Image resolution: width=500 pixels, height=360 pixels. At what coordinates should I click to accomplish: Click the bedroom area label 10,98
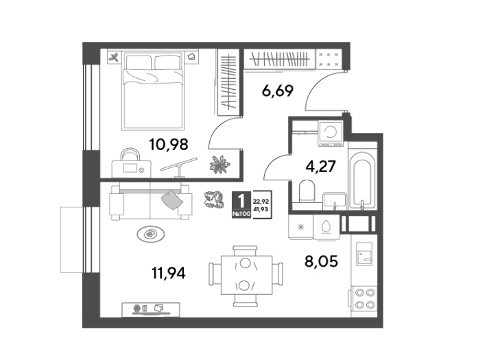(x=169, y=145)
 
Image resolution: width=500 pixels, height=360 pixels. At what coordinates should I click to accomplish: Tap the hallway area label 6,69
(x=277, y=91)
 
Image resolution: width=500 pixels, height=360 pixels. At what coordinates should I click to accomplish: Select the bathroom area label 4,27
(x=320, y=167)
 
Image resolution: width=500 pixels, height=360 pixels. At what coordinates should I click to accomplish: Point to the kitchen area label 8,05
(x=321, y=262)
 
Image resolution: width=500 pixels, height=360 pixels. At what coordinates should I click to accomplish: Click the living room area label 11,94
(x=169, y=274)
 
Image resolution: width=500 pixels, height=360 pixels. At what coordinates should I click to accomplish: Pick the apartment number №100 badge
(x=241, y=214)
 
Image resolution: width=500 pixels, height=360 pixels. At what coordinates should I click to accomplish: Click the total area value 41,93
(x=261, y=209)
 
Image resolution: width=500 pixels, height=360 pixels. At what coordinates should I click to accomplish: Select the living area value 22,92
(x=261, y=202)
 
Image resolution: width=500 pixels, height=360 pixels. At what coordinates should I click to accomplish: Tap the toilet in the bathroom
(x=307, y=191)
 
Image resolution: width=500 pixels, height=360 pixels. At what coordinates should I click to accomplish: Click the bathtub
(x=362, y=181)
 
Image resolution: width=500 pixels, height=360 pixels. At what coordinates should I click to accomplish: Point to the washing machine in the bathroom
(x=331, y=133)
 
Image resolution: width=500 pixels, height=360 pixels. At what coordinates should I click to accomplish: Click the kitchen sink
(x=364, y=254)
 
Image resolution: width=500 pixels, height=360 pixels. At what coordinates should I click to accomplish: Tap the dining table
(x=246, y=274)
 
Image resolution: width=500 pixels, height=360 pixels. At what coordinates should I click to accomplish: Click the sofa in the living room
(x=151, y=201)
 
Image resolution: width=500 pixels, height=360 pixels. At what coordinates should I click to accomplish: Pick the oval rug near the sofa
(x=151, y=235)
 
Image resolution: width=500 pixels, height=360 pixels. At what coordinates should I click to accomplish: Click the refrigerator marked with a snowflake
(x=300, y=227)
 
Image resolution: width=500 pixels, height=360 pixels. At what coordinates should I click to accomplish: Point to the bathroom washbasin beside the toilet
(x=334, y=201)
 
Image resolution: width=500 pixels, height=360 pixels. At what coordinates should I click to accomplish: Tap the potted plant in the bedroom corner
(x=219, y=165)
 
